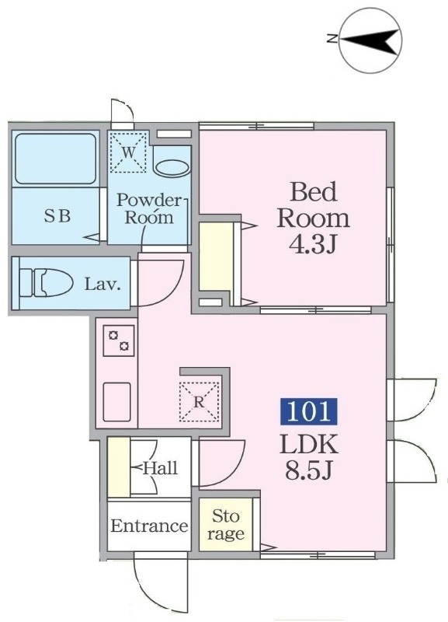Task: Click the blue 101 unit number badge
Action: (x=308, y=411)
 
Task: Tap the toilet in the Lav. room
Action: (x=47, y=282)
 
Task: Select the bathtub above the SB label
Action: (x=56, y=159)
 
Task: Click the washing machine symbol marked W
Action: (x=128, y=153)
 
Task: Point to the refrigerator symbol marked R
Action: (x=199, y=401)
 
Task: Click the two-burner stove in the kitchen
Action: (x=119, y=341)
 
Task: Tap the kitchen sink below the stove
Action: (x=116, y=402)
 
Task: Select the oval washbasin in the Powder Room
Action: (x=172, y=168)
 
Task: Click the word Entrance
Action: (x=149, y=526)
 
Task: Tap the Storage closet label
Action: (x=226, y=525)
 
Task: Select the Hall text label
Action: (x=160, y=469)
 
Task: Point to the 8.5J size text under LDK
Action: (x=308, y=471)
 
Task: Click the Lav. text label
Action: (x=102, y=284)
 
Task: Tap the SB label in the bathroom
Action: (x=57, y=216)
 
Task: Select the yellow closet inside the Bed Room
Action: (x=217, y=257)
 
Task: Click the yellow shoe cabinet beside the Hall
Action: (x=119, y=467)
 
